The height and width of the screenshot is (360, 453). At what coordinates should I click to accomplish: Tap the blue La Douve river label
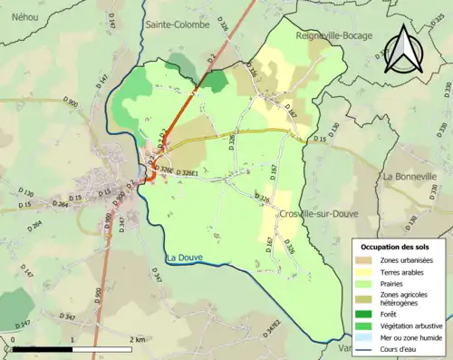[x=184, y=258]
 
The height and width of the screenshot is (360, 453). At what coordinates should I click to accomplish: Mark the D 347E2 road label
[x=273, y=323]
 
